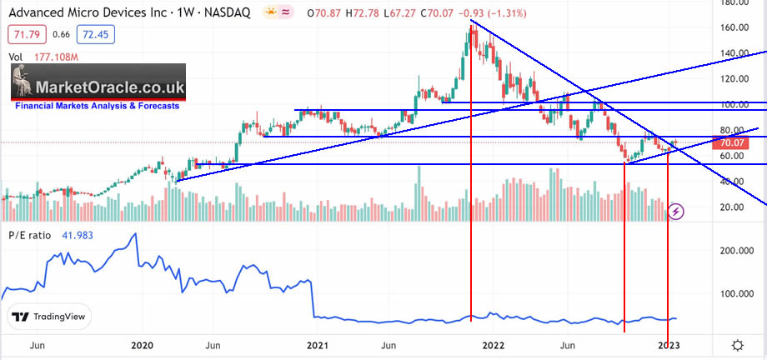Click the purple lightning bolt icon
coord(676,212)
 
